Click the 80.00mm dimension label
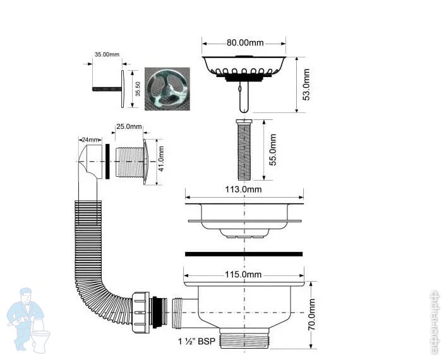tap(245, 43)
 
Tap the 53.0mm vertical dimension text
tap(306, 85)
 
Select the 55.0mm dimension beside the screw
tap(272, 150)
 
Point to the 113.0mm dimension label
tap(243, 189)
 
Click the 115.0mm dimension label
tap(243, 275)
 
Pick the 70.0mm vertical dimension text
tap(312, 314)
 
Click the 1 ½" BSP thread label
tap(196, 341)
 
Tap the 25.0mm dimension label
tap(129, 126)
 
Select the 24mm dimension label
tap(90, 140)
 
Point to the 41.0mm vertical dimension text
tap(161, 159)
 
